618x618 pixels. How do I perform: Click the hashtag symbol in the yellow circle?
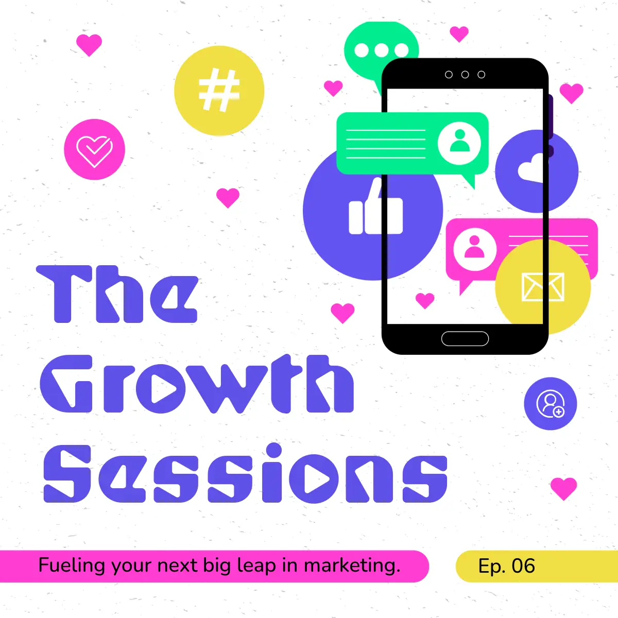pyautogui.click(x=219, y=90)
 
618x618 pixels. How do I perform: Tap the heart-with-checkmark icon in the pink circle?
pyautogui.click(x=95, y=151)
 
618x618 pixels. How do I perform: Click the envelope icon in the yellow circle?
pyautogui.click(x=543, y=287)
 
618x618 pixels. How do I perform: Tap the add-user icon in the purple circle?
pyautogui.click(x=551, y=403)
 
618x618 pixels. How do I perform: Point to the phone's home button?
pyautogui.click(x=465, y=339)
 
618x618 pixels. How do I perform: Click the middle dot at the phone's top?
pyautogui.click(x=465, y=75)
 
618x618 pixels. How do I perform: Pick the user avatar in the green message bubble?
pyautogui.click(x=459, y=143)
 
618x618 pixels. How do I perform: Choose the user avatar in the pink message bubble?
pyautogui.click(x=475, y=249)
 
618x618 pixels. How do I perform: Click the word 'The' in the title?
pyautogui.click(x=117, y=294)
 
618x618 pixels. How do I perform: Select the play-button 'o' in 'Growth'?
pyautogui.click(x=161, y=389)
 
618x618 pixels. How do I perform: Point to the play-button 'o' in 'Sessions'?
pyautogui.click(x=314, y=479)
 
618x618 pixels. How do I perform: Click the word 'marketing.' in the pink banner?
pyautogui.click(x=352, y=565)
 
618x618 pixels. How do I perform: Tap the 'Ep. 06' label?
pyautogui.click(x=506, y=565)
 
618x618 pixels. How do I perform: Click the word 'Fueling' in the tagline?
pyautogui.click(x=72, y=565)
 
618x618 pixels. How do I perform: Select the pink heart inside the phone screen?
pyautogui.click(x=425, y=300)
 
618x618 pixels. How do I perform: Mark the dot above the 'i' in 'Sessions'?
pyautogui.click(x=274, y=451)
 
